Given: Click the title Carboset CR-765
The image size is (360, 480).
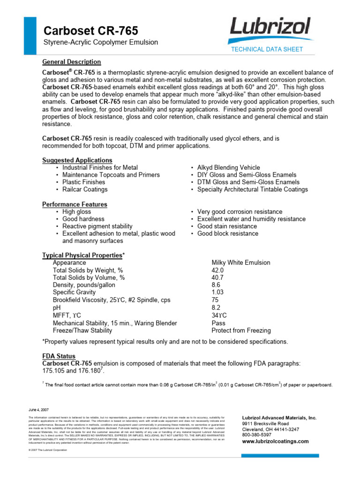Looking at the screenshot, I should point(90,31).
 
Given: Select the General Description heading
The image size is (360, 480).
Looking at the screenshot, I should point(72,62).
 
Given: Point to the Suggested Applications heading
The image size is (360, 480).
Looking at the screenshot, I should point(77,160).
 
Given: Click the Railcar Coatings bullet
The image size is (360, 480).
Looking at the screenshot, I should point(85,189).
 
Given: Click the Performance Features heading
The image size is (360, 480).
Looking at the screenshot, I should point(75,204).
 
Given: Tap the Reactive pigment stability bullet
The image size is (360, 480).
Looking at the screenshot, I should point(97,226).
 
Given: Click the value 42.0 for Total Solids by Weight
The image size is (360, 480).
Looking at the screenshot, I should point(218,270).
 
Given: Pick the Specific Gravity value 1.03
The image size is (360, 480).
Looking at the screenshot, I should point(218,292).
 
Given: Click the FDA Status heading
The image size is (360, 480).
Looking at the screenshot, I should point(59,356).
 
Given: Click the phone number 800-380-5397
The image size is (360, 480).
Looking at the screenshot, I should point(257,435).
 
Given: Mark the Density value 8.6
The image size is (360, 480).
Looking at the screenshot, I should point(216,285).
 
